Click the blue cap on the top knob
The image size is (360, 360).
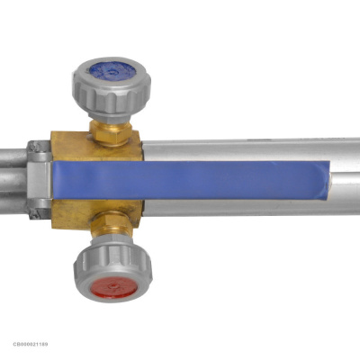[x=112, y=71]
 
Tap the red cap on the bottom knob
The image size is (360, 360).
[x=114, y=287]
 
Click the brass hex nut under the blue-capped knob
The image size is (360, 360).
[x=111, y=132]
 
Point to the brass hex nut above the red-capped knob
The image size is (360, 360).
[x=112, y=223]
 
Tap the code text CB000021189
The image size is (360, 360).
[x=31, y=344]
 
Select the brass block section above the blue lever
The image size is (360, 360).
[x=96, y=147]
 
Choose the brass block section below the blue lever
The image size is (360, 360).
[x=96, y=213]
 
